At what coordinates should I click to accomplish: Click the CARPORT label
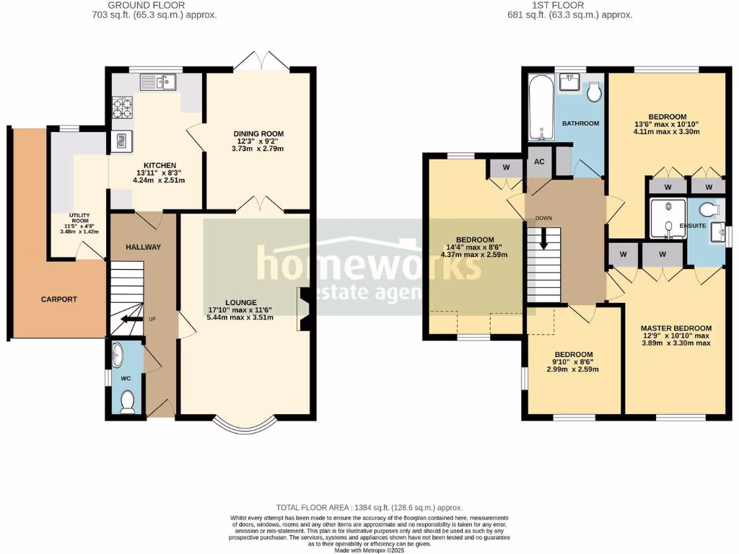pyautogui.click(x=59, y=299)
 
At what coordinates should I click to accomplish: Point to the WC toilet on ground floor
pyautogui.click(x=128, y=402)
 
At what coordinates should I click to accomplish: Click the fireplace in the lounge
pyautogui.click(x=304, y=309)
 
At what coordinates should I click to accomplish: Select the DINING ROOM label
pyautogui.click(x=258, y=133)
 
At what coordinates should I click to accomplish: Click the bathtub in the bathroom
pyautogui.click(x=538, y=110)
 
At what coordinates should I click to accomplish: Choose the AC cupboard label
pyautogui.click(x=539, y=162)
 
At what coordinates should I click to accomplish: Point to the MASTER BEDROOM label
pyautogui.click(x=676, y=327)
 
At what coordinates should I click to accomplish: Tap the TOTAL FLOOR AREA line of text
pyautogui.click(x=369, y=508)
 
